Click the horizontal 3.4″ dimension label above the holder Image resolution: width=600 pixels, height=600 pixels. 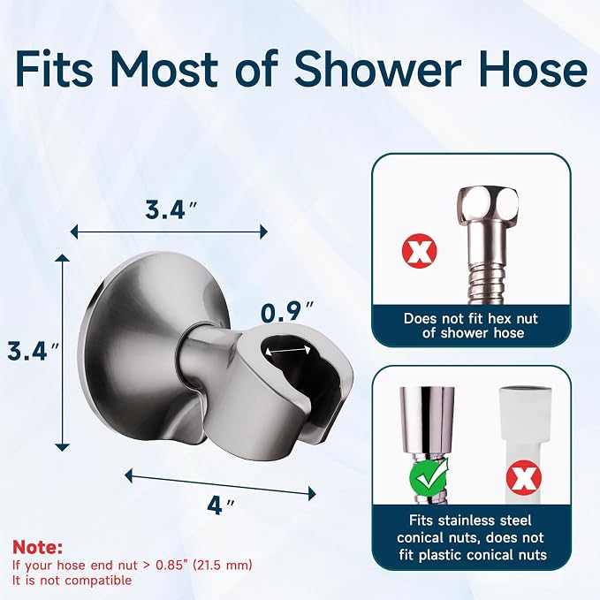click(x=171, y=210)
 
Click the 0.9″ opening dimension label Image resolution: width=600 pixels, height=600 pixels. click(x=287, y=312)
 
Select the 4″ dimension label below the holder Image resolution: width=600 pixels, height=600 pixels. click(x=221, y=506)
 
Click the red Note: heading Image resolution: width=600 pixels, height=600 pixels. click(x=37, y=548)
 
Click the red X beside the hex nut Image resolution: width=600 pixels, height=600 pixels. click(x=420, y=251)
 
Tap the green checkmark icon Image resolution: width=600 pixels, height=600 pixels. click(x=429, y=476)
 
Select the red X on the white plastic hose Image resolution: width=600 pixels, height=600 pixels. click(x=523, y=478)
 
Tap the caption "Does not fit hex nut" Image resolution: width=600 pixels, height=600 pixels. click(x=471, y=319)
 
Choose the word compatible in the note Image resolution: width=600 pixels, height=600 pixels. click(x=98, y=581)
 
